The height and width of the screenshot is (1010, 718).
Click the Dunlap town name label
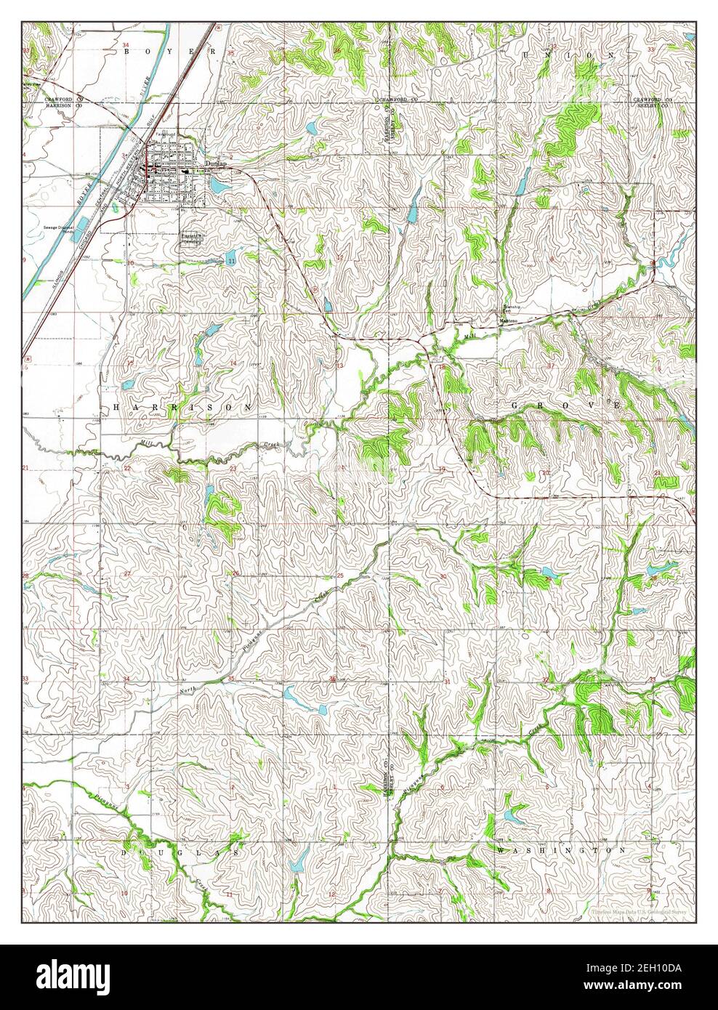pos(216,164)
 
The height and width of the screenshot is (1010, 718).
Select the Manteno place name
pos(507,320)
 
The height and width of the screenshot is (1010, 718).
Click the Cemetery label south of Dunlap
pos(192,240)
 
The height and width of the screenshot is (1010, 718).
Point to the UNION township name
pos(568,54)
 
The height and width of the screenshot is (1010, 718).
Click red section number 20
pos(545,473)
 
